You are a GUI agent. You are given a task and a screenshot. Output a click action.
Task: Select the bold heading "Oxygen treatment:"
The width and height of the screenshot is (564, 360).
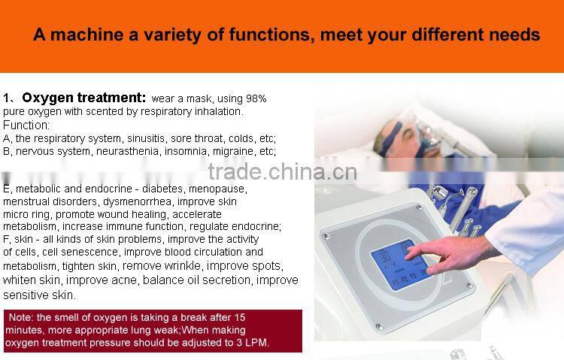pyautogui.click(x=83, y=98)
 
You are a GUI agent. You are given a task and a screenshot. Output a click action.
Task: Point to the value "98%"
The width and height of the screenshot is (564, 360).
pyautogui.click(x=254, y=98)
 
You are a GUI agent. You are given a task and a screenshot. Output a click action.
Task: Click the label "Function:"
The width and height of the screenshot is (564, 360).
pyautogui.click(x=26, y=125)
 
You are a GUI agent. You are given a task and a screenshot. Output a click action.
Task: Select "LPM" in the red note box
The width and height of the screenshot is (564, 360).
pyautogui.click(x=256, y=343)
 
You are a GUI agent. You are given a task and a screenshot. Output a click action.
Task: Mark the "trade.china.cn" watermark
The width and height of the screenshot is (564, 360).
pyautogui.click(x=282, y=173)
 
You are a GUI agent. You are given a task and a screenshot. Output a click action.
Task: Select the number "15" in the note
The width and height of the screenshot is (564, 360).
pyautogui.click(x=239, y=317)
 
